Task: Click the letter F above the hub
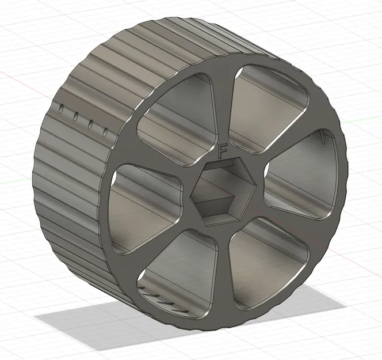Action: click(x=223, y=151)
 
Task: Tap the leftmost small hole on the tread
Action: click(x=62, y=108)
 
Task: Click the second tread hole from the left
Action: click(x=75, y=116)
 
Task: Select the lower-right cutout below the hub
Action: click(x=270, y=256)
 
